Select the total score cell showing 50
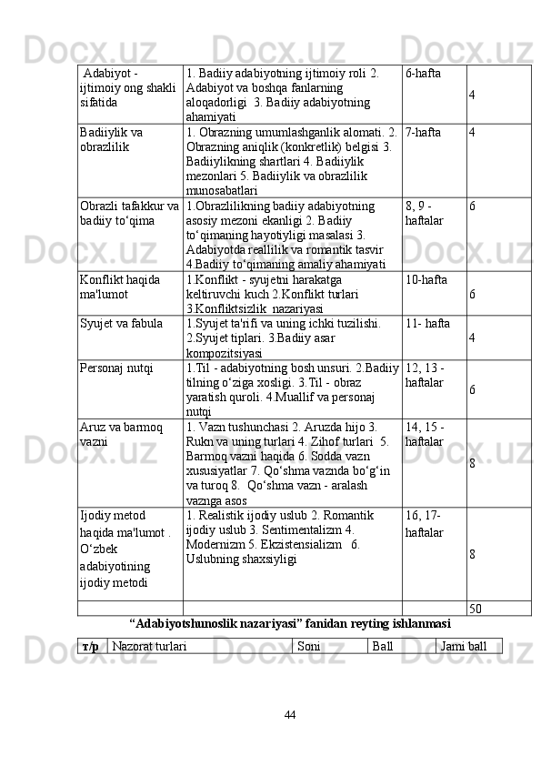476,609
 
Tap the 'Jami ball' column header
469,646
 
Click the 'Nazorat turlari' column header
150,646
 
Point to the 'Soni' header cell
308,646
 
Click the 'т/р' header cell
91,646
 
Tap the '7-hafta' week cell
425,132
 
